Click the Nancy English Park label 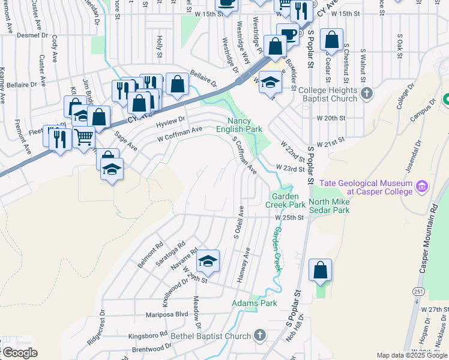click(240, 125)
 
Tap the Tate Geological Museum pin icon click(421, 187)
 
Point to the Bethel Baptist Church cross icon click(259, 335)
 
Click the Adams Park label click(255, 304)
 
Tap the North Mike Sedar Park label click(329, 206)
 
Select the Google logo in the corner click(19, 353)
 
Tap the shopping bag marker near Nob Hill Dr click(321, 270)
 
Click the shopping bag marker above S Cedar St click(331, 40)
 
